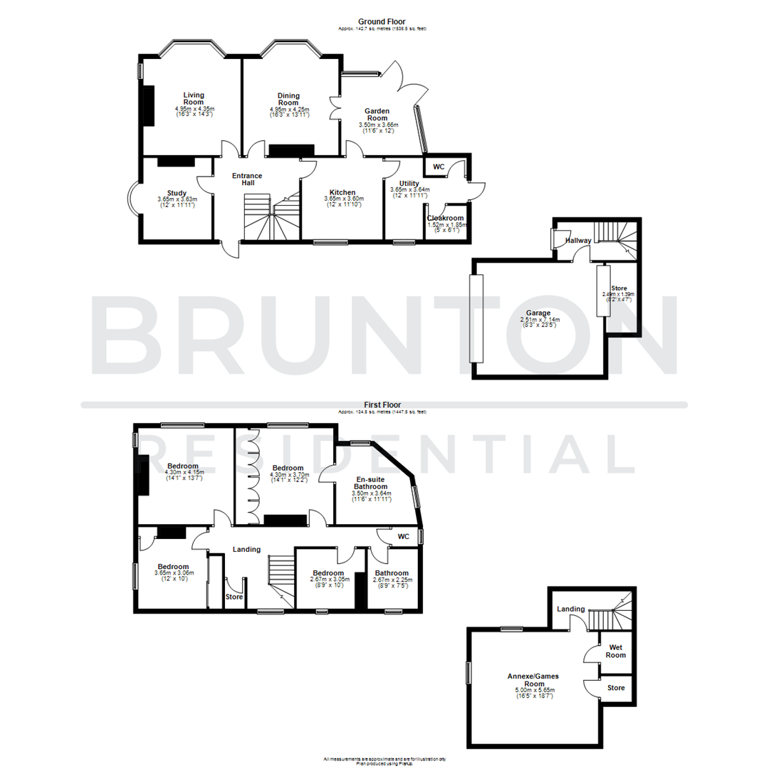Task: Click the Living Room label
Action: (x=194, y=99)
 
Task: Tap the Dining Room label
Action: (x=288, y=99)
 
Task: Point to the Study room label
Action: (x=177, y=193)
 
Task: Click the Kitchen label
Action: (x=342, y=193)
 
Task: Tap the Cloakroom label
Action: (x=446, y=219)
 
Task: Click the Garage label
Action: (x=539, y=313)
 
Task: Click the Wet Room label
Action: (x=615, y=650)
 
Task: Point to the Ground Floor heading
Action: (x=383, y=22)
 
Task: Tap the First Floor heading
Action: (x=383, y=404)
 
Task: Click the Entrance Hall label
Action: (x=248, y=179)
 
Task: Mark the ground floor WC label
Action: (x=439, y=167)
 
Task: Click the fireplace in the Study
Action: (x=175, y=162)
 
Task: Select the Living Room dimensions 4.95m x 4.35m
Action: (x=194, y=108)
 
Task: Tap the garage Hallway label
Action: (x=578, y=241)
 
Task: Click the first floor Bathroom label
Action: (x=392, y=573)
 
